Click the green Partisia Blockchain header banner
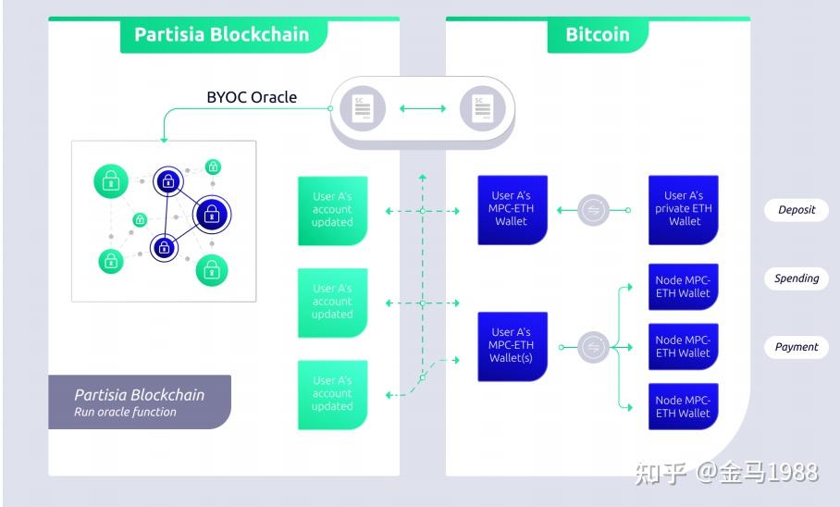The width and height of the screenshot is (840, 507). (x=221, y=35)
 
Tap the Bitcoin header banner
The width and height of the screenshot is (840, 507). (x=597, y=35)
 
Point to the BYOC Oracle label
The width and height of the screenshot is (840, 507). (x=251, y=97)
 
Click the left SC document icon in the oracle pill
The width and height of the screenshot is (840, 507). (x=356, y=109)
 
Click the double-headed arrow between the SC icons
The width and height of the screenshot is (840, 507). (x=422, y=109)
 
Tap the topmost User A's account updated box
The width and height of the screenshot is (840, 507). (x=332, y=210)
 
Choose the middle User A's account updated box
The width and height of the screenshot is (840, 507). (x=332, y=303)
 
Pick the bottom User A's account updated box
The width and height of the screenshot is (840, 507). (x=332, y=394)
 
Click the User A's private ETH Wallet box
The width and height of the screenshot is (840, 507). (x=684, y=210)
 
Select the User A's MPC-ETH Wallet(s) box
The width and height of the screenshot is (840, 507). (x=511, y=346)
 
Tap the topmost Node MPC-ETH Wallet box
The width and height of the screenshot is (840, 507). (x=684, y=287)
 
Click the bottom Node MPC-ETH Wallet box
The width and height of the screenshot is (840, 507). (x=684, y=407)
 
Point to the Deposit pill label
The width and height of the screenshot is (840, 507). (x=796, y=210)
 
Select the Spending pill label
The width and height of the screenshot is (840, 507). (x=796, y=278)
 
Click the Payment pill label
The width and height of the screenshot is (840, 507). (x=796, y=348)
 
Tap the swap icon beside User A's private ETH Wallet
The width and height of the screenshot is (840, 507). (x=593, y=211)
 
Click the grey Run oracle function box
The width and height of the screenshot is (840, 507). (x=140, y=402)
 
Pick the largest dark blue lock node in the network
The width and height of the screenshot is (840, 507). (x=212, y=216)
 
